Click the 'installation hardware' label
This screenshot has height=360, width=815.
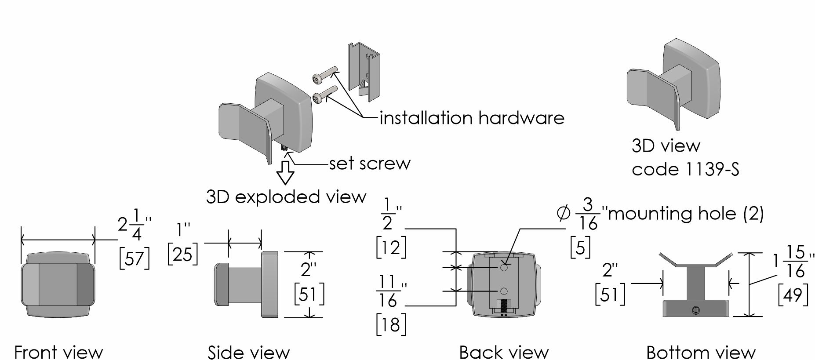(472, 118)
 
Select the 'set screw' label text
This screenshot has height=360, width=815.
(370, 164)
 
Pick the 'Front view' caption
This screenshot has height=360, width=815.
(58, 352)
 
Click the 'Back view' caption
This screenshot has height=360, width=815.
(504, 352)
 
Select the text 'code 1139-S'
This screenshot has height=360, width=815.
(685, 169)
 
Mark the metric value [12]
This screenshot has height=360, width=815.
(391, 247)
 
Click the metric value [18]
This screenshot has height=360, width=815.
(391, 324)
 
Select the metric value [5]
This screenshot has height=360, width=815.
(580, 247)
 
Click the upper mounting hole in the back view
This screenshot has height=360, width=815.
(504, 267)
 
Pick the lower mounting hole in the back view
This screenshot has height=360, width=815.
(504, 291)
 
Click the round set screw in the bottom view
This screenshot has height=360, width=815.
(695, 310)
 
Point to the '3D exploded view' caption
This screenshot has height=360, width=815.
(286, 196)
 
